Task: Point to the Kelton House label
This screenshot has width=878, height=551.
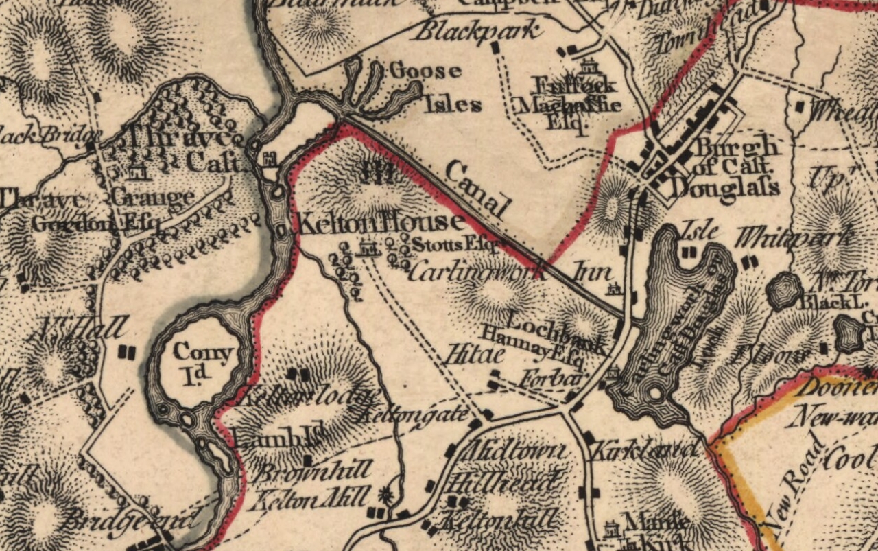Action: tap(379, 222)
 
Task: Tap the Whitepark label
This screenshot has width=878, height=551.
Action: tap(794, 237)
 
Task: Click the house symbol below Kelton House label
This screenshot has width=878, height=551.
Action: tap(368, 248)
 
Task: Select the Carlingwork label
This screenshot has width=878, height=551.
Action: tap(473, 270)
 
